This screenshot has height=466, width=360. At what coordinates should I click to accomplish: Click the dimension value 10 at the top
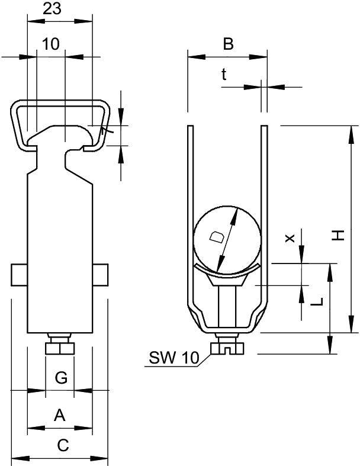(x=51, y=44)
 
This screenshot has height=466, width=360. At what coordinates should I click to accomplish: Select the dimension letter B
(x=227, y=43)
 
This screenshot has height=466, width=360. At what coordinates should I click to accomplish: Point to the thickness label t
(x=224, y=74)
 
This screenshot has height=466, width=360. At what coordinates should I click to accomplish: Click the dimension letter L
(x=318, y=301)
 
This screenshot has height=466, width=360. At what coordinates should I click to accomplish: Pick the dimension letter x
(x=290, y=237)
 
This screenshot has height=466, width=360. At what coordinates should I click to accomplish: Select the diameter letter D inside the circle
(x=218, y=238)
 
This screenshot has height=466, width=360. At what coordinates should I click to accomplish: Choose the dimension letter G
(x=60, y=377)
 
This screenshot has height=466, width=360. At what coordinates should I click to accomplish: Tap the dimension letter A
(x=60, y=415)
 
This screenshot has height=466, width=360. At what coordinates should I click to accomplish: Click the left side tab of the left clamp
(x=20, y=275)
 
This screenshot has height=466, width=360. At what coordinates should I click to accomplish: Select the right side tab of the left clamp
(x=100, y=275)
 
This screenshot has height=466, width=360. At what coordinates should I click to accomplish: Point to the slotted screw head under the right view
(x=227, y=346)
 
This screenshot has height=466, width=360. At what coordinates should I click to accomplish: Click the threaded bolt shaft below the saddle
(x=227, y=305)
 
